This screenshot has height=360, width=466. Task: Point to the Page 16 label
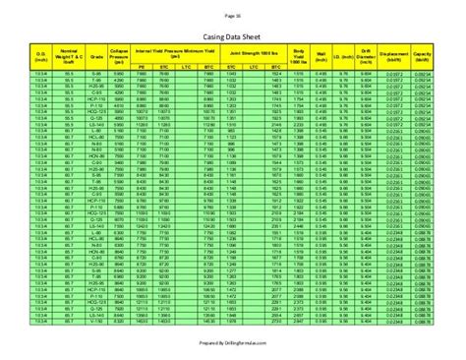233,17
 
